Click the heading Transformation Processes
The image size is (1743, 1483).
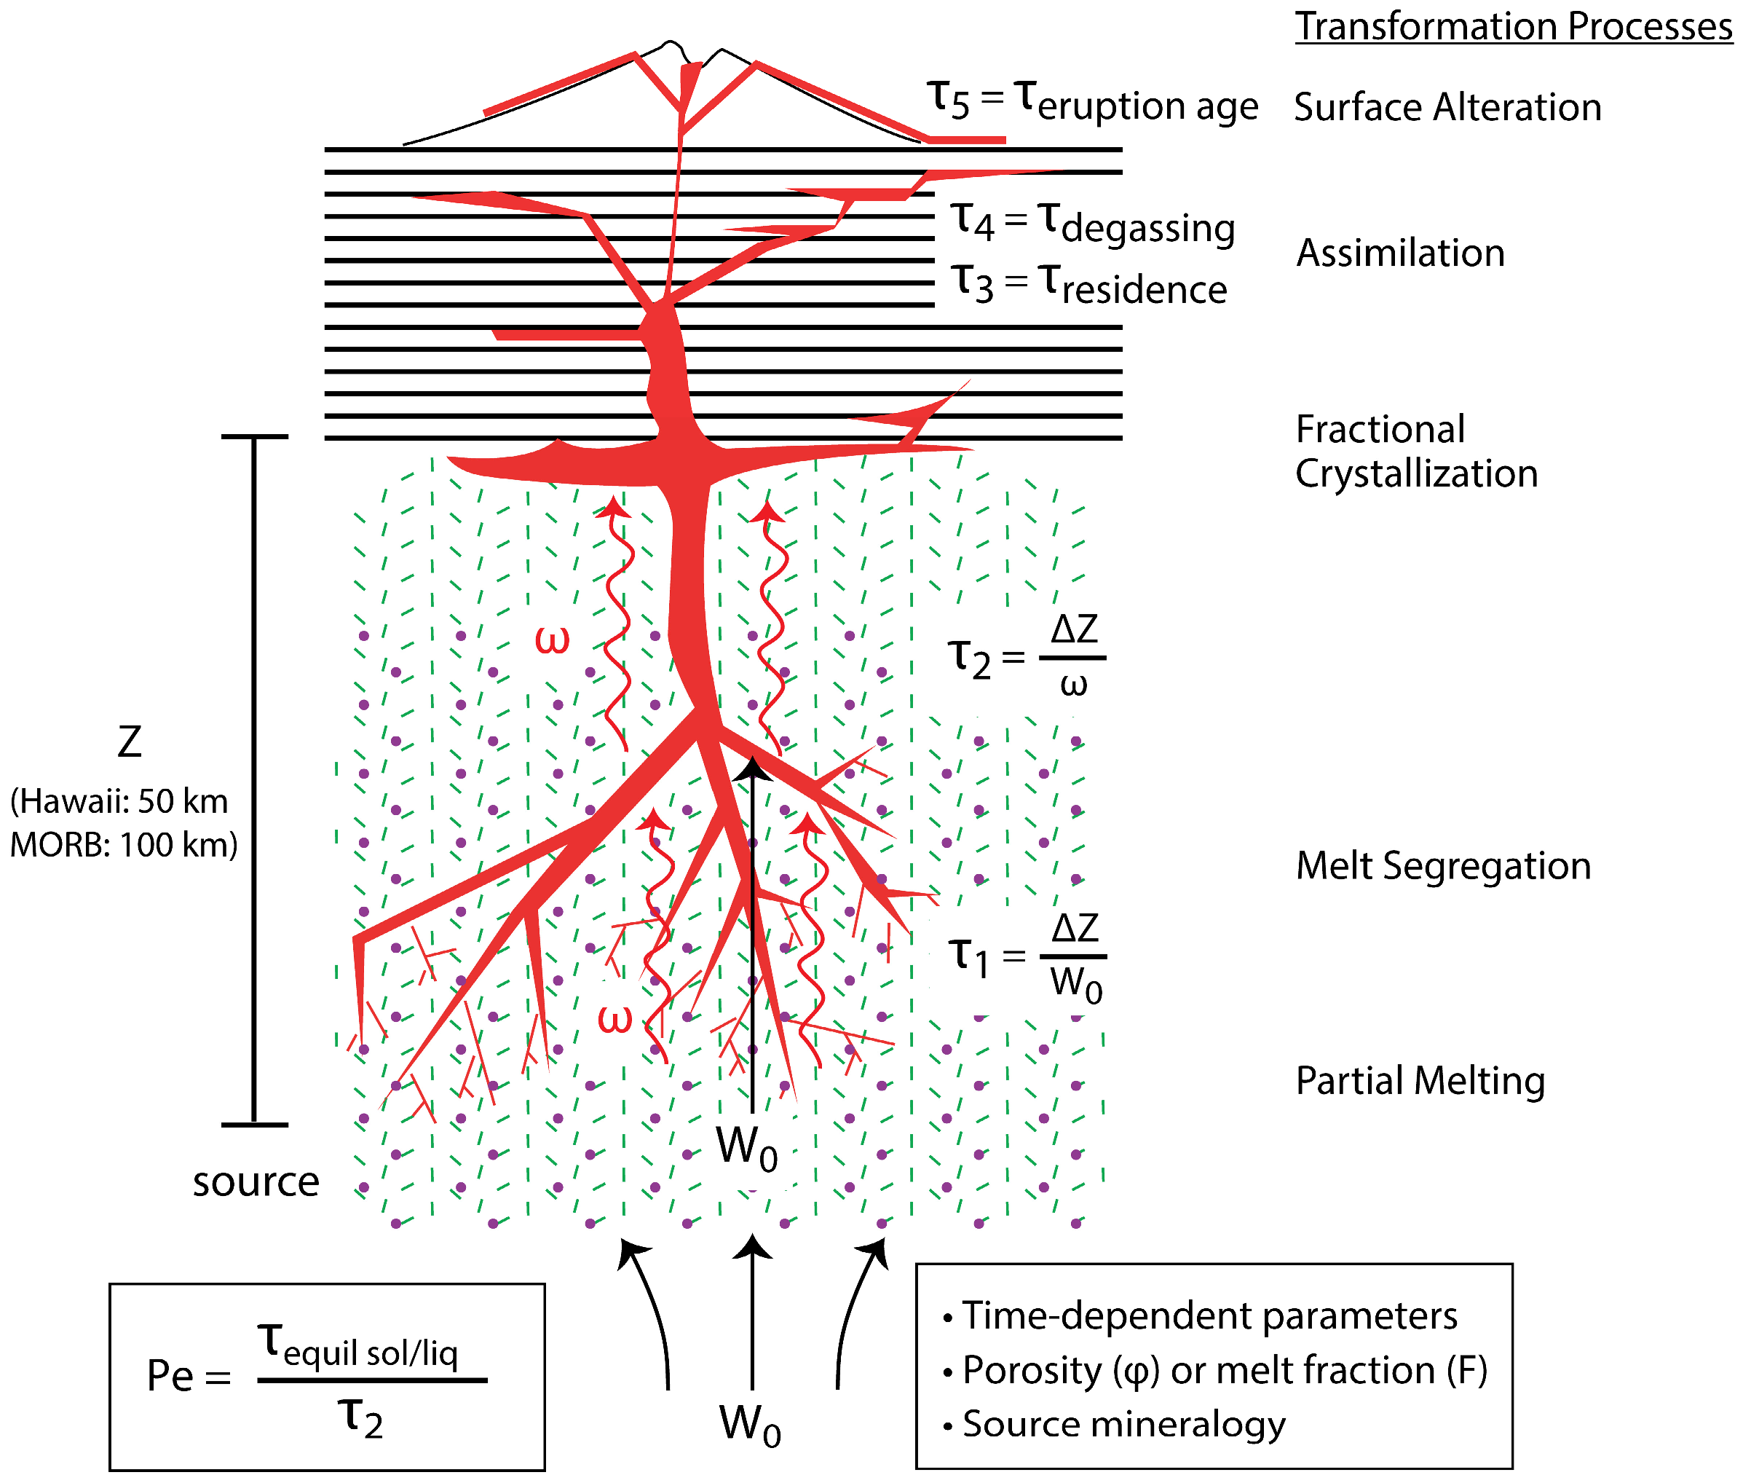point(1513,27)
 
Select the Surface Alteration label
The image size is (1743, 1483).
point(1447,108)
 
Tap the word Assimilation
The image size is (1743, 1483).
point(1400,253)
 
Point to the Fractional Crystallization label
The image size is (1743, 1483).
point(1416,452)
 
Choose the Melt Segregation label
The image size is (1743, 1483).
point(1443,866)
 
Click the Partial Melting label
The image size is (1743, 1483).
point(1420,1081)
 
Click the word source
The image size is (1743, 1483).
point(256,1183)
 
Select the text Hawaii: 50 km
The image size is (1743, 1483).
point(120,802)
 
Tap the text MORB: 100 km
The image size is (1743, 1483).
point(124,845)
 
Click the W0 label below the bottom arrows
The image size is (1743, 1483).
point(750,1426)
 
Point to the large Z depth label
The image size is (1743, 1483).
point(130,741)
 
